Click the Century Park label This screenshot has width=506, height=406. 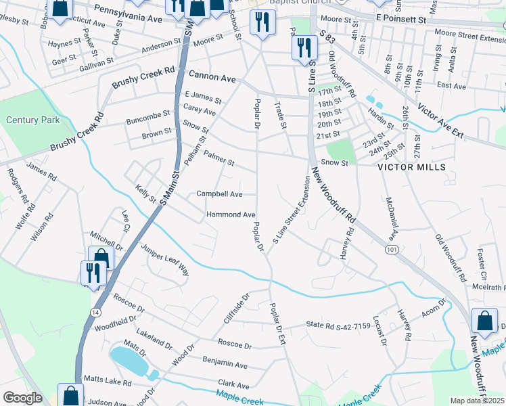point(32,120)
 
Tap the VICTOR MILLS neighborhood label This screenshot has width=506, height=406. point(411,166)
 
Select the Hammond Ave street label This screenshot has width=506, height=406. point(231,215)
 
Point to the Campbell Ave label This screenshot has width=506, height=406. point(219,194)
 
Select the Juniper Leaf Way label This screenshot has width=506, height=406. point(166,260)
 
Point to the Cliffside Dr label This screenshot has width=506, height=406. point(237,307)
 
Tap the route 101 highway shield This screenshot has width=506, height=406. point(391,250)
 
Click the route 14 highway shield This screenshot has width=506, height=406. point(93,312)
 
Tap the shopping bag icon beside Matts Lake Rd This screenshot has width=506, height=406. point(71,393)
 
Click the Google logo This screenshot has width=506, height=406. point(22,398)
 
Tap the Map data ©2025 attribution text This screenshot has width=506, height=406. point(477,401)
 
